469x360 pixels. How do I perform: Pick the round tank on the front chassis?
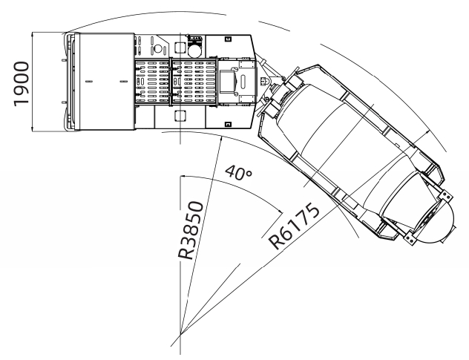point(193,50)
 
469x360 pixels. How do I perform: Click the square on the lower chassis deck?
point(180,115)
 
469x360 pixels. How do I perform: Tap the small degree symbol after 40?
point(250,170)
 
